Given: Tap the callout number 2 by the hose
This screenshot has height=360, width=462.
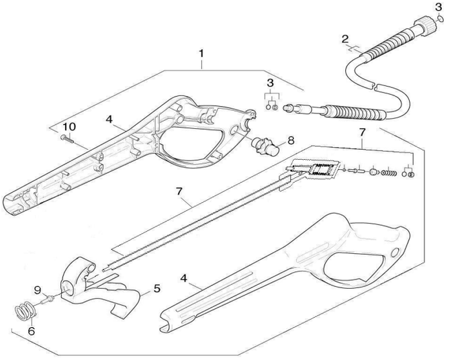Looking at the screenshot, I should pyautogui.click(x=344, y=39).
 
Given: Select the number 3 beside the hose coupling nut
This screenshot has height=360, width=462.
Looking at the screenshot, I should pyautogui.click(x=438, y=7).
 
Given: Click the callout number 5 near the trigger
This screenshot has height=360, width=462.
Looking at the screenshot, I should pyautogui.click(x=156, y=289).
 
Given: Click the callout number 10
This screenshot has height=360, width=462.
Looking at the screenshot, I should pyautogui.click(x=68, y=127).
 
